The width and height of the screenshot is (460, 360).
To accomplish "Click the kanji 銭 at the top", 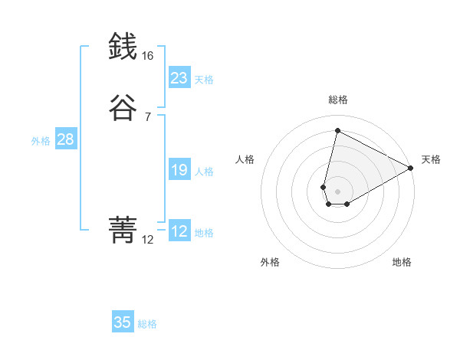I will (123, 47).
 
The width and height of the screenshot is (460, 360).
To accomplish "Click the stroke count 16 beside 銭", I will (147, 56).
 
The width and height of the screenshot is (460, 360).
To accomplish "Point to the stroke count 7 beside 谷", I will (147, 116).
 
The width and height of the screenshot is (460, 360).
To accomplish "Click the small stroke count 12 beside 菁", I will (147, 240).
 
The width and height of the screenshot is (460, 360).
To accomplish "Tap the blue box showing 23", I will (179, 78).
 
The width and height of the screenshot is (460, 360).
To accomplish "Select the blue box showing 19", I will (179, 170).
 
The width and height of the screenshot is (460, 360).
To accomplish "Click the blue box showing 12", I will (179, 231).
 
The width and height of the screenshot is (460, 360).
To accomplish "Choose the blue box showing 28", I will (65, 139).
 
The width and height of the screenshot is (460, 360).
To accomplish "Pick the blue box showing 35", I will (123, 322).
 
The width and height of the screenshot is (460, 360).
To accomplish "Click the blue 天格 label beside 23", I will (204, 80).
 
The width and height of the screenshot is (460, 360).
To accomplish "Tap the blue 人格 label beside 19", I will (204, 172).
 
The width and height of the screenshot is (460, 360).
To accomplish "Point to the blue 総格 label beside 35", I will (147, 324).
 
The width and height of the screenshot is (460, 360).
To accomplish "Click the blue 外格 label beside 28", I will (41, 141).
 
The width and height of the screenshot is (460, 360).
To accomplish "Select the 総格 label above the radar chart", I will (337, 100).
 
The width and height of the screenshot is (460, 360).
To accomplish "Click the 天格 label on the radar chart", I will (431, 159).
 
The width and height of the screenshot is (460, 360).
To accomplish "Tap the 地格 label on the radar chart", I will (402, 262).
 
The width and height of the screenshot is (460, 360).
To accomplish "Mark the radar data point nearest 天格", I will (411, 169).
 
